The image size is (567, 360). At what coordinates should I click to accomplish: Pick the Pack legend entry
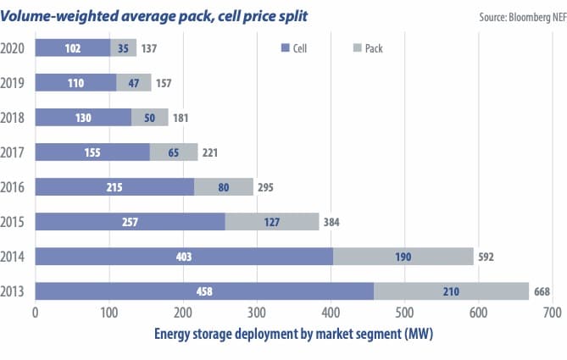point(366,48)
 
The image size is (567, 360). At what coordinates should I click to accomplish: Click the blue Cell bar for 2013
point(203,292)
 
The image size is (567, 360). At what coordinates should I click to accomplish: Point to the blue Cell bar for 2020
point(72,47)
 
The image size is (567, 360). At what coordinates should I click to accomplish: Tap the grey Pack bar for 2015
point(271,221)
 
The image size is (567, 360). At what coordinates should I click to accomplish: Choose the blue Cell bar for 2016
point(114,186)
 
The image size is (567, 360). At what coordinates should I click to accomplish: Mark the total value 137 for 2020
point(150,48)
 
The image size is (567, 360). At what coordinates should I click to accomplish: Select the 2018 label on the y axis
point(14,117)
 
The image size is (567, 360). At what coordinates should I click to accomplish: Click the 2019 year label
point(14,82)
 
